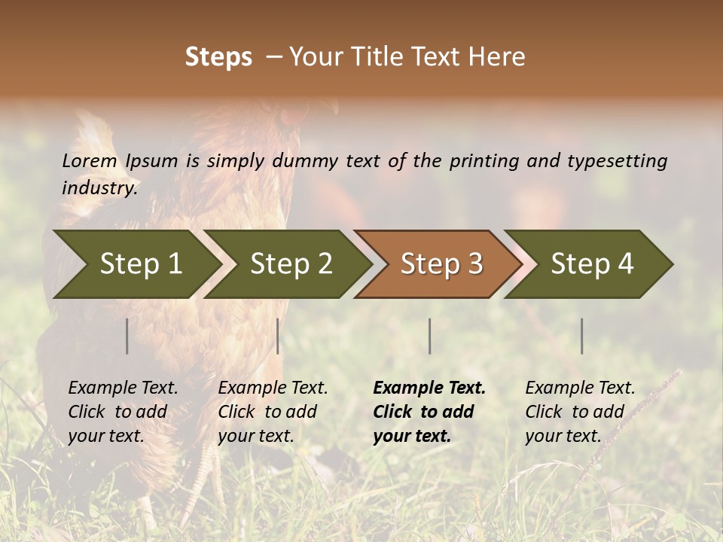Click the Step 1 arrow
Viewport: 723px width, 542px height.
pos(136,264)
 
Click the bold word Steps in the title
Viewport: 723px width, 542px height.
pos(218,56)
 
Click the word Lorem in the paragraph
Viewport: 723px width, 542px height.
pos(90,160)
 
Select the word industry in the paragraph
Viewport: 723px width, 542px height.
pos(99,187)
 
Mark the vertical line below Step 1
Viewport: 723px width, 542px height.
pos(127,336)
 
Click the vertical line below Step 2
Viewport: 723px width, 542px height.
pos(278,336)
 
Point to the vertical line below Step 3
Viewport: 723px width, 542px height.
pos(429,336)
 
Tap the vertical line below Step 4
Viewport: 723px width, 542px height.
pos(581,336)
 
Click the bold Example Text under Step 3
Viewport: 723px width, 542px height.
pos(429,388)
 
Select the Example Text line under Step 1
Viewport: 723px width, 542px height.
pos(123,388)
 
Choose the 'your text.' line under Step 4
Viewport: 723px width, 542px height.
pos(563,436)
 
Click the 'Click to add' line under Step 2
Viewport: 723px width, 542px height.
pos(267,412)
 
